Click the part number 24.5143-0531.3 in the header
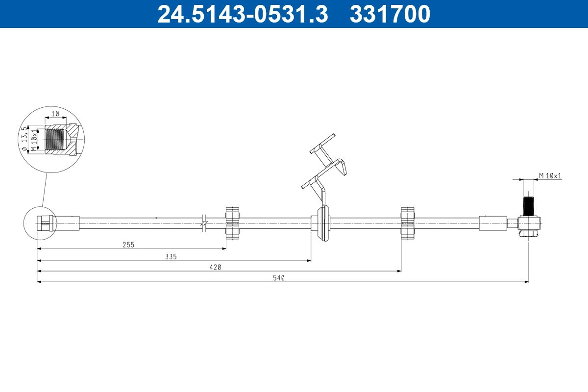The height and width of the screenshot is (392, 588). click(x=242, y=14)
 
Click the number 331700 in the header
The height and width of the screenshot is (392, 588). click(x=390, y=14)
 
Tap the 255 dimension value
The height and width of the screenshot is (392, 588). click(x=128, y=244)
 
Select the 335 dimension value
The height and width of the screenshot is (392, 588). click(x=171, y=256)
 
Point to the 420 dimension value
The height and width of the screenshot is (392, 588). click(x=216, y=267)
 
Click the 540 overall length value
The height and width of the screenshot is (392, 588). click(x=279, y=278)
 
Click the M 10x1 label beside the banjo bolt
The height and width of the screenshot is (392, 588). click(x=550, y=175)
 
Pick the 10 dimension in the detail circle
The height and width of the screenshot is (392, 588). click(x=55, y=113)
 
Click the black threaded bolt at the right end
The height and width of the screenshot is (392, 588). click(x=528, y=205)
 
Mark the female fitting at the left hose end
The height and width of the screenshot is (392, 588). click(x=45, y=223)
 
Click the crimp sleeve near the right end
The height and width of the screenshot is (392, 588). click(x=492, y=223)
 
